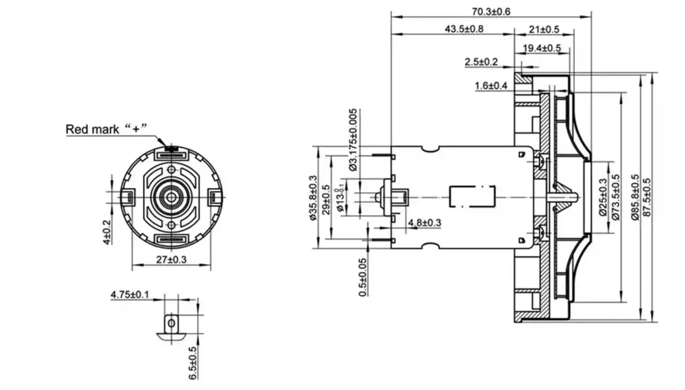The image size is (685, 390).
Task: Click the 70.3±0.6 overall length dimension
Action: tap(490, 11)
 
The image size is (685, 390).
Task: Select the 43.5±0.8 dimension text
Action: tap(464, 29)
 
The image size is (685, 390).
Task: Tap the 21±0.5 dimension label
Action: tap(544, 29)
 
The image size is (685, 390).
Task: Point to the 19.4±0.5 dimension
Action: tap(542, 48)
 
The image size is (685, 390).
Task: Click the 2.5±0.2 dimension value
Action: tap(481, 62)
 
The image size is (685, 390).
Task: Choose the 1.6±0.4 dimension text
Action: tap(491, 85)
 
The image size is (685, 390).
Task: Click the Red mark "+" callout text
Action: tap(106, 129)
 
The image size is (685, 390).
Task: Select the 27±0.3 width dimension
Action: tap(171, 259)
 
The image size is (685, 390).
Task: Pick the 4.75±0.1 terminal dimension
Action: tap(130, 294)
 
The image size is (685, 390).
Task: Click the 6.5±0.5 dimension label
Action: tap(193, 363)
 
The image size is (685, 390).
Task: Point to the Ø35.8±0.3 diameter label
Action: tap(313, 198)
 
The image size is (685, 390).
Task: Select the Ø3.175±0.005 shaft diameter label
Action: tap(353, 139)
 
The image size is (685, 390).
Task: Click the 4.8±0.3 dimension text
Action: tap(424, 223)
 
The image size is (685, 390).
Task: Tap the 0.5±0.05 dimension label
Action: tap(363, 277)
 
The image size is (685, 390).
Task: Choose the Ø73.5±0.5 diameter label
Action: tap(616, 197)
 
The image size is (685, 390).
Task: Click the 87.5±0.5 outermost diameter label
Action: tap(647, 197)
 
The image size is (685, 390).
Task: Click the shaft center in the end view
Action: tap(172, 197)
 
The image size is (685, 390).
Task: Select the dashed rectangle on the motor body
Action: tap(472, 197)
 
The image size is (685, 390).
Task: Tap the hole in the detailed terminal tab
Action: tap(171, 324)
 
